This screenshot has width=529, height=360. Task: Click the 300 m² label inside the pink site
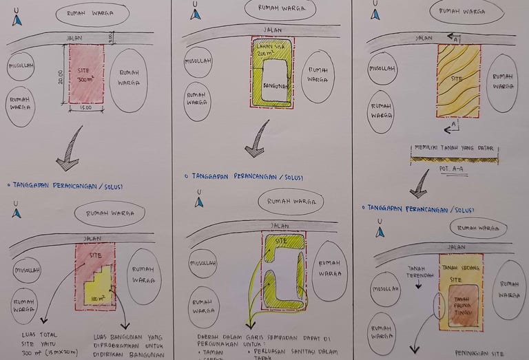tap(87, 79)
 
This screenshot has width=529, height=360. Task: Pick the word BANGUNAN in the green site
tap(276, 85)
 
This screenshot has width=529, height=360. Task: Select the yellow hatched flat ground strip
tap(455, 159)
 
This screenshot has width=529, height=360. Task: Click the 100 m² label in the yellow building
tap(98, 297)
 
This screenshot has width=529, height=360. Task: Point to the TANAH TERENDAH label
tap(419, 272)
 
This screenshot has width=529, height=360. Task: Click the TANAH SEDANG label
tap(460, 268)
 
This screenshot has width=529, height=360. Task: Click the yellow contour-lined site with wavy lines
tap(458, 81)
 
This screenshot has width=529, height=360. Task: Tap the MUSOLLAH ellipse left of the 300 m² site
tap(21, 67)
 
